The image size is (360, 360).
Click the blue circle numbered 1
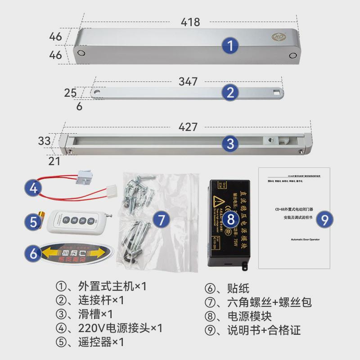pos(230,45)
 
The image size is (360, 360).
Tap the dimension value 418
pos(190,22)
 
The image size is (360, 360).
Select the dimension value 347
pos(188,81)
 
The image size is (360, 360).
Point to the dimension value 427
pos(188,127)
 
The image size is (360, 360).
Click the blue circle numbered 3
pos(230,144)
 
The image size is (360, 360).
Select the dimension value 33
pos(44,141)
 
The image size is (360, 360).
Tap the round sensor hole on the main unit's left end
pos(81,52)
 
